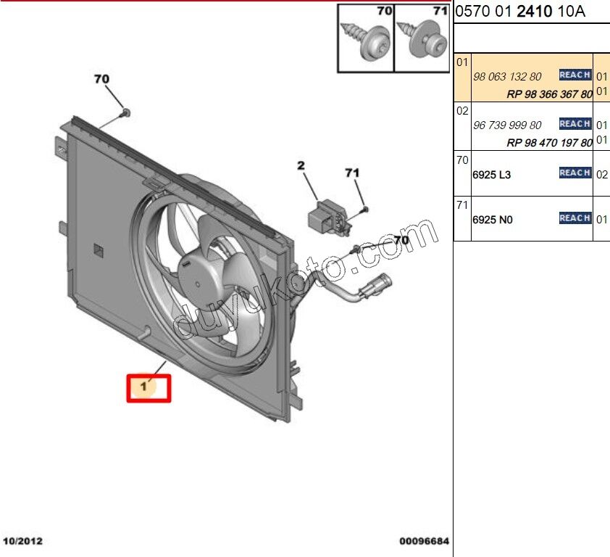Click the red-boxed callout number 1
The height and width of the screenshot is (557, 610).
pos(145,387)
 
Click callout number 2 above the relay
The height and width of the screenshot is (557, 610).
pos(301,166)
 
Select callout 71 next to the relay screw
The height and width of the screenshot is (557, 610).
pos(352,173)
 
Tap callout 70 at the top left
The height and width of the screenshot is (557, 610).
pos(101,78)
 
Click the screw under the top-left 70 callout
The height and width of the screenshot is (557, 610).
pos(125,112)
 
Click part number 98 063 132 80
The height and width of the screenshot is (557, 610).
pos(506,77)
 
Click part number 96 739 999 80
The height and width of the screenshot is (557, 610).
pos(506,125)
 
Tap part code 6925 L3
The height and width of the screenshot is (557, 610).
pos(491,176)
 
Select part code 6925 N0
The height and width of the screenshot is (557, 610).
pos(492,219)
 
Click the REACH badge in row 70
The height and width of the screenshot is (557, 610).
pos(575,173)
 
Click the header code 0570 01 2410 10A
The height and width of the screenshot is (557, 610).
pos(519,12)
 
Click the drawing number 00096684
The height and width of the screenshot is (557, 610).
pos(424,542)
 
